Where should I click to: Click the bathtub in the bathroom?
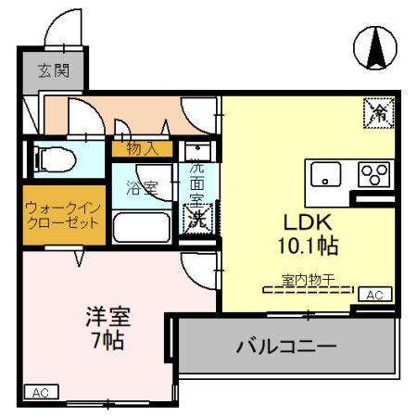(144, 226)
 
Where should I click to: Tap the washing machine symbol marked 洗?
(197, 219)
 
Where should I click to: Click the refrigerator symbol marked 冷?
(377, 113)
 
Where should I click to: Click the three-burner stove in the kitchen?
(373, 174)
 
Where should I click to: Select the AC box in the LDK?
(374, 294)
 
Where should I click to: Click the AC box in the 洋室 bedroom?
(41, 391)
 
